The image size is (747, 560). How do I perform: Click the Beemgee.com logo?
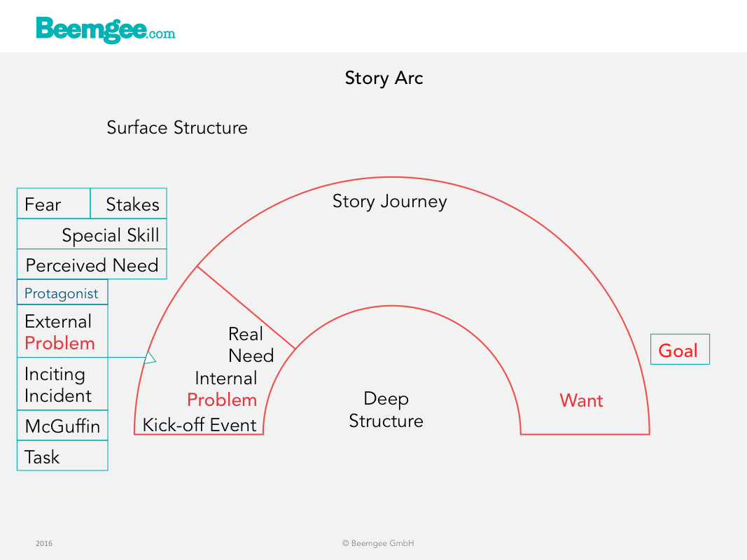tap(106, 30)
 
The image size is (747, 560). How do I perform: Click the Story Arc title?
tap(384, 78)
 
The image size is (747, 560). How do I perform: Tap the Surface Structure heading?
tap(177, 127)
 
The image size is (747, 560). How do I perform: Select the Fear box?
tap(54, 204)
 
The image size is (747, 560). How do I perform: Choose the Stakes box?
tap(129, 204)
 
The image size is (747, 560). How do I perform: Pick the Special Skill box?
tap(92, 234)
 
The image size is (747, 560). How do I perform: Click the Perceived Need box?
tap(92, 265)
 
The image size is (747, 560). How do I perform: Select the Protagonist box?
tap(62, 292)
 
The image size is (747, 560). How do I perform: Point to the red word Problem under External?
tap(60, 343)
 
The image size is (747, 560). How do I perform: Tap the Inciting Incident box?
tap(62, 384)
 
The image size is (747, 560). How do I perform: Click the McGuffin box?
tap(62, 425)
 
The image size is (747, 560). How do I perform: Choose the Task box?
tap(62, 456)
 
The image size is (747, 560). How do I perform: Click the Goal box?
tap(680, 349)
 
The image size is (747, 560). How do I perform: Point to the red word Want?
tap(581, 400)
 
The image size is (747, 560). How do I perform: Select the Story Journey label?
tap(390, 202)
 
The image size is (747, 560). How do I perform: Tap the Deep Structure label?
tap(386, 409)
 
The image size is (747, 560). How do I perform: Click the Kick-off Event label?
tap(200, 425)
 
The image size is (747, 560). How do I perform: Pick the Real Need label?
tap(251, 345)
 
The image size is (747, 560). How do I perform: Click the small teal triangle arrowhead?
tap(150, 358)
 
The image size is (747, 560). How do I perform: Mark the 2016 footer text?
tap(44, 543)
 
